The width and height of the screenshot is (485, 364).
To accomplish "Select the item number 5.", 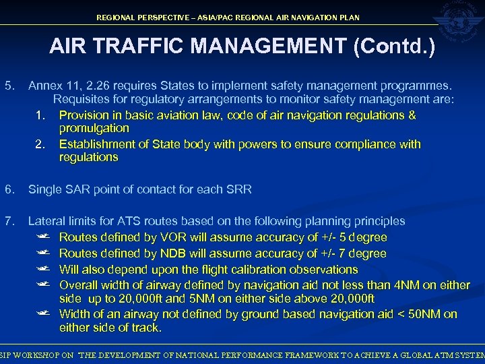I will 9,86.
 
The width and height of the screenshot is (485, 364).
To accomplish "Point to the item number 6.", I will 9,189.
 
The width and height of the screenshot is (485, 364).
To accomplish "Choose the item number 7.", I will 9,221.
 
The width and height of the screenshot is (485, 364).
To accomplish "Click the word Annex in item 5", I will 44,86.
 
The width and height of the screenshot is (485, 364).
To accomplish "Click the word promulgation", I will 94,128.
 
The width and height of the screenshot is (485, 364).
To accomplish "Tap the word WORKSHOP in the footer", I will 42,355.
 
